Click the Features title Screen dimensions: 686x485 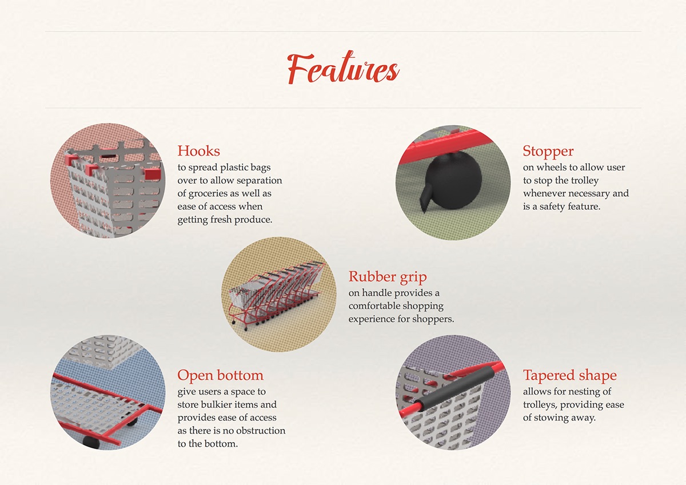pyautogui.click(x=343, y=69)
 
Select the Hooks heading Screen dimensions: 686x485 pyautogui.click(x=198, y=151)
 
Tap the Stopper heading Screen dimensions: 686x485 pyautogui.click(x=548, y=151)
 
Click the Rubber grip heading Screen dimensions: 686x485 pyautogui.click(x=388, y=277)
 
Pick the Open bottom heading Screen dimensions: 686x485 pyautogui.click(x=220, y=376)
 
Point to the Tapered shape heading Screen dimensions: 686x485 pyautogui.click(x=569, y=376)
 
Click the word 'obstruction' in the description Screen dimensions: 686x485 pyautogui.click(x=257, y=431)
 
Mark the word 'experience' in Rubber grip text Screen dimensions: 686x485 pyautogui.click(x=372, y=319)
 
